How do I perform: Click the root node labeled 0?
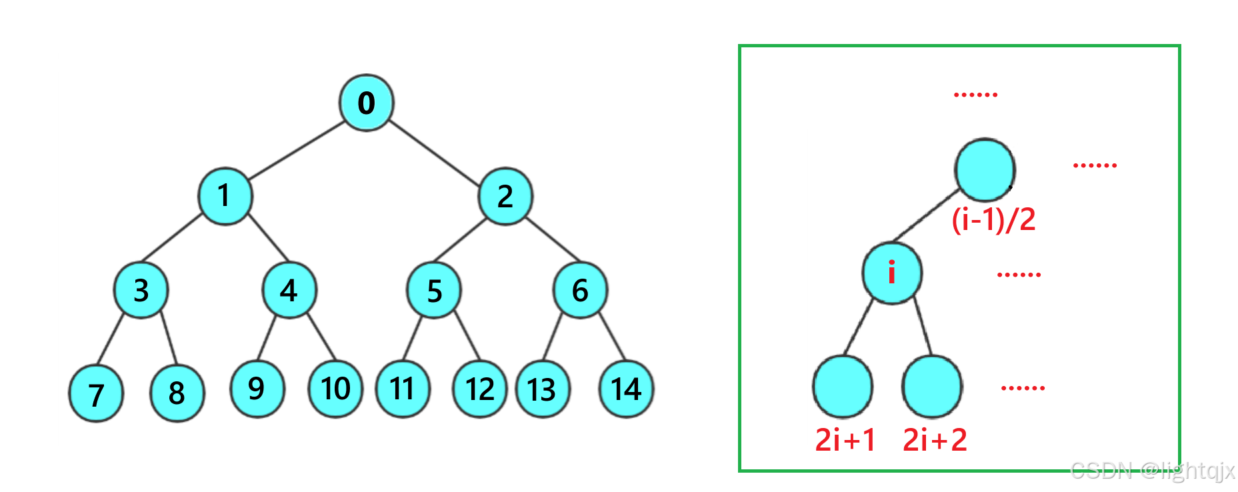pyautogui.click(x=366, y=103)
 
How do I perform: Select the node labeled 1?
pyautogui.click(x=225, y=196)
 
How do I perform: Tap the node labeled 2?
pyautogui.click(x=505, y=196)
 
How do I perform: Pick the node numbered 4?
pyautogui.click(x=289, y=290)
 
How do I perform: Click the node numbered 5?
pyautogui.click(x=434, y=290)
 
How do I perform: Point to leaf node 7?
pyautogui.click(x=96, y=393)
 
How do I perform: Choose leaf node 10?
pyautogui.click(x=335, y=389)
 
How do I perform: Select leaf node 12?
pyautogui.click(x=480, y=389)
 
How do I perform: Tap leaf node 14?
pyautogui.click(x=626, y=389)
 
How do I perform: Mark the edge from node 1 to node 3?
pyautogui.click(x=172, y=238)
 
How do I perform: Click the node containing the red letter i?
pyautogui.click(x=891, y=273)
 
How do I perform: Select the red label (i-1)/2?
pyautogui.click(x=993, y=219)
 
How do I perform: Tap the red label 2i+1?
pyautogui.click(x=845, y=440)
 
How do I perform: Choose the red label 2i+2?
pyautogui.click(x=935, y=440)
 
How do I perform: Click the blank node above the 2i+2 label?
pyautogui.click(x=932, y=387)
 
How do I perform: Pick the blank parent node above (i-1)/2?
pyautogui.click(x=985, y=170)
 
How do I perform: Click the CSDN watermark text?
pyautogui.click(x=1152, y=471)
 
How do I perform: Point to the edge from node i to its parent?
pyautogui.click(x=926, y=215)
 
